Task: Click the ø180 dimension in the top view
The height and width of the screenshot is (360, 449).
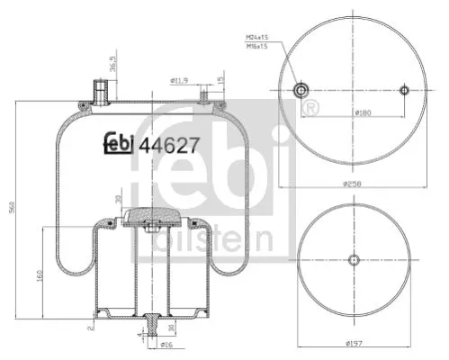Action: coord(361,112)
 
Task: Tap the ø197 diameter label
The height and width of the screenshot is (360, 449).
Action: coord(355,344)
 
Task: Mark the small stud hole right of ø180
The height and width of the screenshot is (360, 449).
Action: coord(405,89)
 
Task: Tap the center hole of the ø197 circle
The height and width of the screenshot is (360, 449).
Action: coord(354,259)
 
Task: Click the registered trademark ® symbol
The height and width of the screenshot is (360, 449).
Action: coord(310,109)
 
